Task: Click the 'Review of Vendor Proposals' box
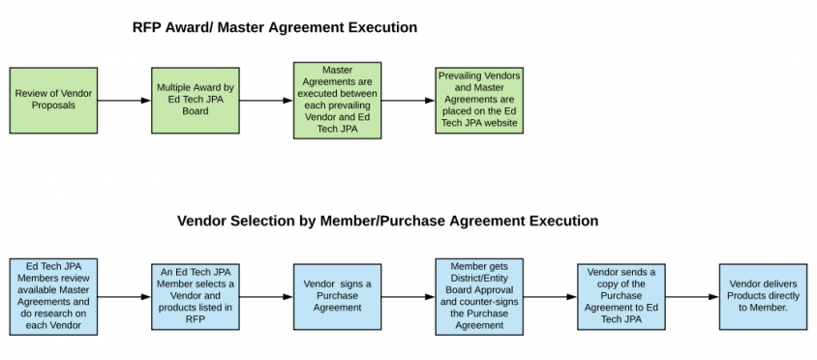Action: click(x=53, y=101)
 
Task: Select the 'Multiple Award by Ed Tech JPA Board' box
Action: click(x=195, y=101)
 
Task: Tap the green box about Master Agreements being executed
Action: click(x=337, y=101)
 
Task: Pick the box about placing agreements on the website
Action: click(x=479, y=101)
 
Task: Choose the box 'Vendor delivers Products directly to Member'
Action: click(x=763, y=296)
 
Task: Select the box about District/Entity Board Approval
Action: click(x=479, y=296)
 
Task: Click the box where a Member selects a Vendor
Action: click(x=196, y=296)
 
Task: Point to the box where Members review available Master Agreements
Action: click(x=53, y=296)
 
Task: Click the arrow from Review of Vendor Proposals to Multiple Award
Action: click(x=124, y=101)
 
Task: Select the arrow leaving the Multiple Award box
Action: click(x=266, y=101)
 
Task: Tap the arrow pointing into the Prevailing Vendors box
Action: click(x=408, y=101)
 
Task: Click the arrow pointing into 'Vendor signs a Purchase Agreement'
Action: click(x=266, y=296)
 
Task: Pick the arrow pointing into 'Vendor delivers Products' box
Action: click(x=692, y=296)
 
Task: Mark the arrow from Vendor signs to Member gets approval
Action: click(x=408, y=296)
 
